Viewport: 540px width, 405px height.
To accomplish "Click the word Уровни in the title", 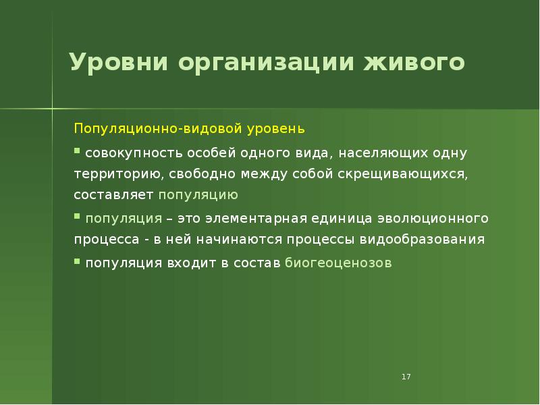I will click(118, 63).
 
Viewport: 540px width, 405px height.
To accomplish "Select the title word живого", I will click(415, 63).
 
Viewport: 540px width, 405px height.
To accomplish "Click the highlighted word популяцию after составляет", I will click(198, 195).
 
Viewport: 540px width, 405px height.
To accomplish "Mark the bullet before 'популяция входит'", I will click(77, 261).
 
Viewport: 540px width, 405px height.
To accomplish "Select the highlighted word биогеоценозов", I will click(337, 263).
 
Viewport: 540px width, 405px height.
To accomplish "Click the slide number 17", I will click(406, 377).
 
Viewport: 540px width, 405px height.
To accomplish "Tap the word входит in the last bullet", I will click(190, 263).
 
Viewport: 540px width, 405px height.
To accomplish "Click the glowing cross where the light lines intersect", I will click(53, 109).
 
